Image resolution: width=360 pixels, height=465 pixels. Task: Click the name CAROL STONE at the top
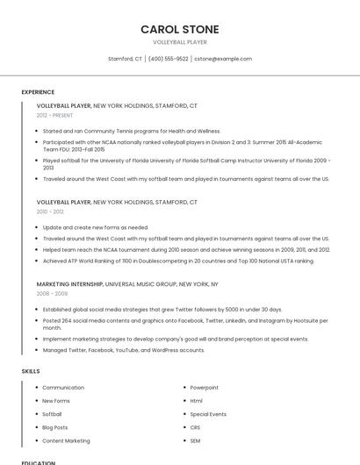[179, 29]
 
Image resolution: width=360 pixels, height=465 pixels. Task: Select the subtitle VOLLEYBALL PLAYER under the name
[179, 42]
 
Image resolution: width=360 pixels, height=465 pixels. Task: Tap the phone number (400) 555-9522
[168, 59]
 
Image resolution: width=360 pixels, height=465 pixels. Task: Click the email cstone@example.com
[223, 59]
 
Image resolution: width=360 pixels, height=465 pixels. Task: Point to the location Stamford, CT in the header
[125, 59]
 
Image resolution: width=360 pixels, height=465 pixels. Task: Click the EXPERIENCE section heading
[38, 92]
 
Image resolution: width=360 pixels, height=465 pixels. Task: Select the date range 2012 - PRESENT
[54, 115]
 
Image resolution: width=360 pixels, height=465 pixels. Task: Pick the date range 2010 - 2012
[50, 211]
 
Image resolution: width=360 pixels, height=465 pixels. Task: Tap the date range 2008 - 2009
[51, 294]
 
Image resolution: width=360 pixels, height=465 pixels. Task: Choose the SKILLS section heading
[31, 371]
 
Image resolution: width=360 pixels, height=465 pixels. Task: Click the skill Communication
[63, 387]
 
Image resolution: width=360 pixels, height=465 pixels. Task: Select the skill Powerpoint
[205, 387]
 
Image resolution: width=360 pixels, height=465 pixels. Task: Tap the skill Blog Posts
[54, 427]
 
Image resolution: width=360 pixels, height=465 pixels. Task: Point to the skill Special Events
[208, 414]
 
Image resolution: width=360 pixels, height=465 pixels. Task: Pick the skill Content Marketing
[66, 440]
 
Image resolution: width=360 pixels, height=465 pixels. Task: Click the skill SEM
[195, 440]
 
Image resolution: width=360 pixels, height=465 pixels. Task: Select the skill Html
[196, 401]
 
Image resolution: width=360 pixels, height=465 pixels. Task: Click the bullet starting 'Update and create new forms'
[96, 227]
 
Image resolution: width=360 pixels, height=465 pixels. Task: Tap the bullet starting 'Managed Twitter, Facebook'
[124, 350]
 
